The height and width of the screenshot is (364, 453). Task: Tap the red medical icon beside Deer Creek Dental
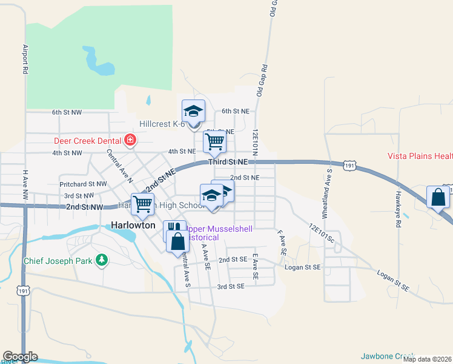tap(130, 141)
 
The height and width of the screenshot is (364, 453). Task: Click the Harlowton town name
tap(134, 225)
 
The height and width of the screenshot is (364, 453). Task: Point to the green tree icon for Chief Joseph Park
tap(102, 261)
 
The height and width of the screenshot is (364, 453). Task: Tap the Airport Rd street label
tap(25, 59)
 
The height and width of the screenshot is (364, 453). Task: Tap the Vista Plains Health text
tap(420, 156)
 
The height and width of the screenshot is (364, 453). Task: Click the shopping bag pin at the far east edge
tap(438, 198)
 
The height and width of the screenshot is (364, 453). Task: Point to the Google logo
tap(20, 357)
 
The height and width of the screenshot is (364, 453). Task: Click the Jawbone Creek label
tap(388, 356)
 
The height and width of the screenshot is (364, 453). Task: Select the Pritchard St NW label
tap(83, 184)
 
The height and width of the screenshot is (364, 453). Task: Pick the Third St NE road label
tap(228, 162)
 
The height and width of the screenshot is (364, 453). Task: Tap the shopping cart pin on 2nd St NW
tap(142, 204)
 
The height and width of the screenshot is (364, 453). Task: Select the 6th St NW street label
tap(67, 112)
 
